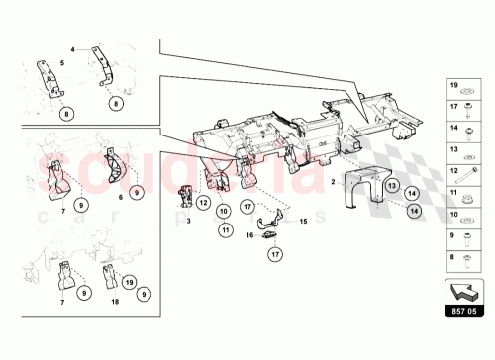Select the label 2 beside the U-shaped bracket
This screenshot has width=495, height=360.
pyautogui.click(x=334, y=183)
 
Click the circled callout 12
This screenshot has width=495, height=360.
pyautogui.click(x=202, y=203)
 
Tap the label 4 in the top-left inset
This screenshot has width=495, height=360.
pyautogui.click(x=71, y=47)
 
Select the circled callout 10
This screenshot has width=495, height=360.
pyautogui.click(x=224, y=210)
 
